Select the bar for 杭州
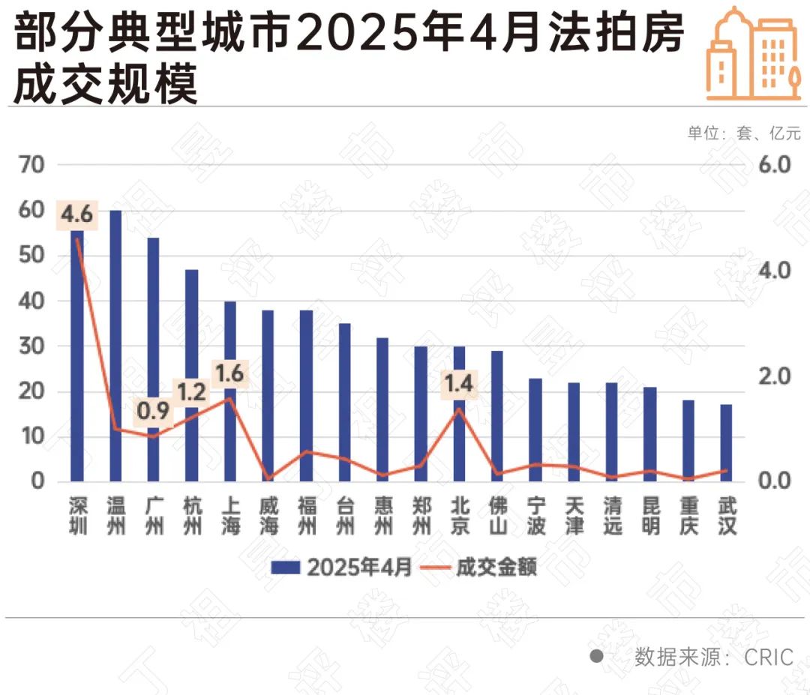[192, 375]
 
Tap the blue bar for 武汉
[726, 442]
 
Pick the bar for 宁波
[535, 429]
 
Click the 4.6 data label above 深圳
[76, 215]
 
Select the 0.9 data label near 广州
[153, 412]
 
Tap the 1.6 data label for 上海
[229, 373]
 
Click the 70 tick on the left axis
[31, 165]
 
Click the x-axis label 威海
[268, 516]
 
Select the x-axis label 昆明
[650, 516]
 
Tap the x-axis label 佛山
[497, 516]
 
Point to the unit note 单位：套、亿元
[744, 133]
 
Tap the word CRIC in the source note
[769, 658]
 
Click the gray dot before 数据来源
[597, 657]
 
